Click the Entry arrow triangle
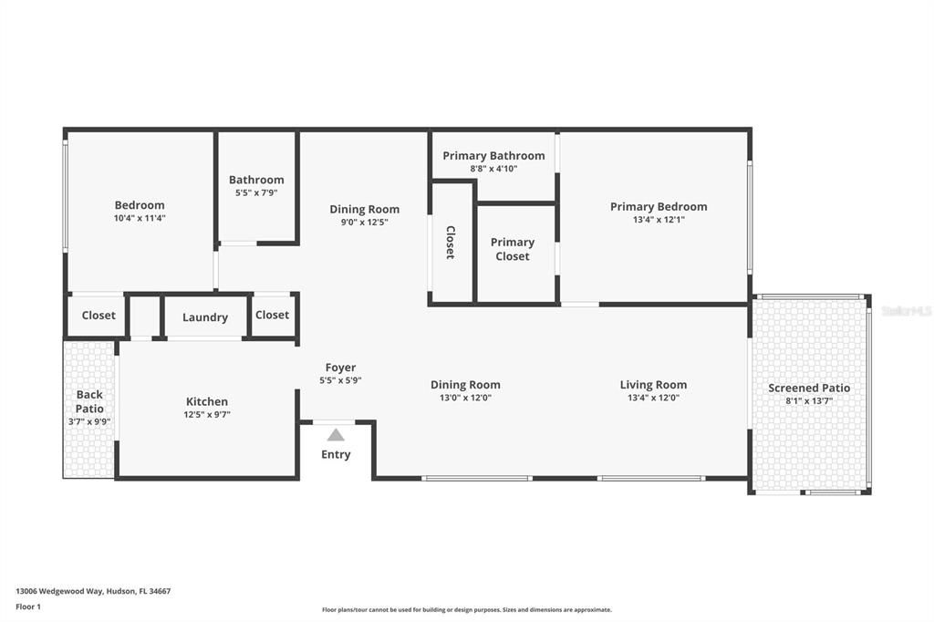tap(336, 435)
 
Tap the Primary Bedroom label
tap(659, 206)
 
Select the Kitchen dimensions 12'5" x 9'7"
tap(207, 415)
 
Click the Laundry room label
tap(205, 317)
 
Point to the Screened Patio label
tap(809, 388)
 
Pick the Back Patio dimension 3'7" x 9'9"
tap(89, 421)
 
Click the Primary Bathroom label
tap(493, 156)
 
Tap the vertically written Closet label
tap(451, 243)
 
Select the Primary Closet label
tap(512, 249)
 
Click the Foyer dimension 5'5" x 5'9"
tap(340, 380)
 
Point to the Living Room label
tap(653, 385)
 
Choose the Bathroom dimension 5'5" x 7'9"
tap(256, 192)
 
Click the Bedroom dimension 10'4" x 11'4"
tap(140, 218)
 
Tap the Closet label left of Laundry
tap(99, 316)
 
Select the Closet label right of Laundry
tap(272, 315)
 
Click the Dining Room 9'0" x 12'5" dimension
tap(364, 222)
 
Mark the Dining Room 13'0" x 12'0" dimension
tap(465, 398)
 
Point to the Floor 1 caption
tap(28, 606)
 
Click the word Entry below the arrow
tap(336, 454)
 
